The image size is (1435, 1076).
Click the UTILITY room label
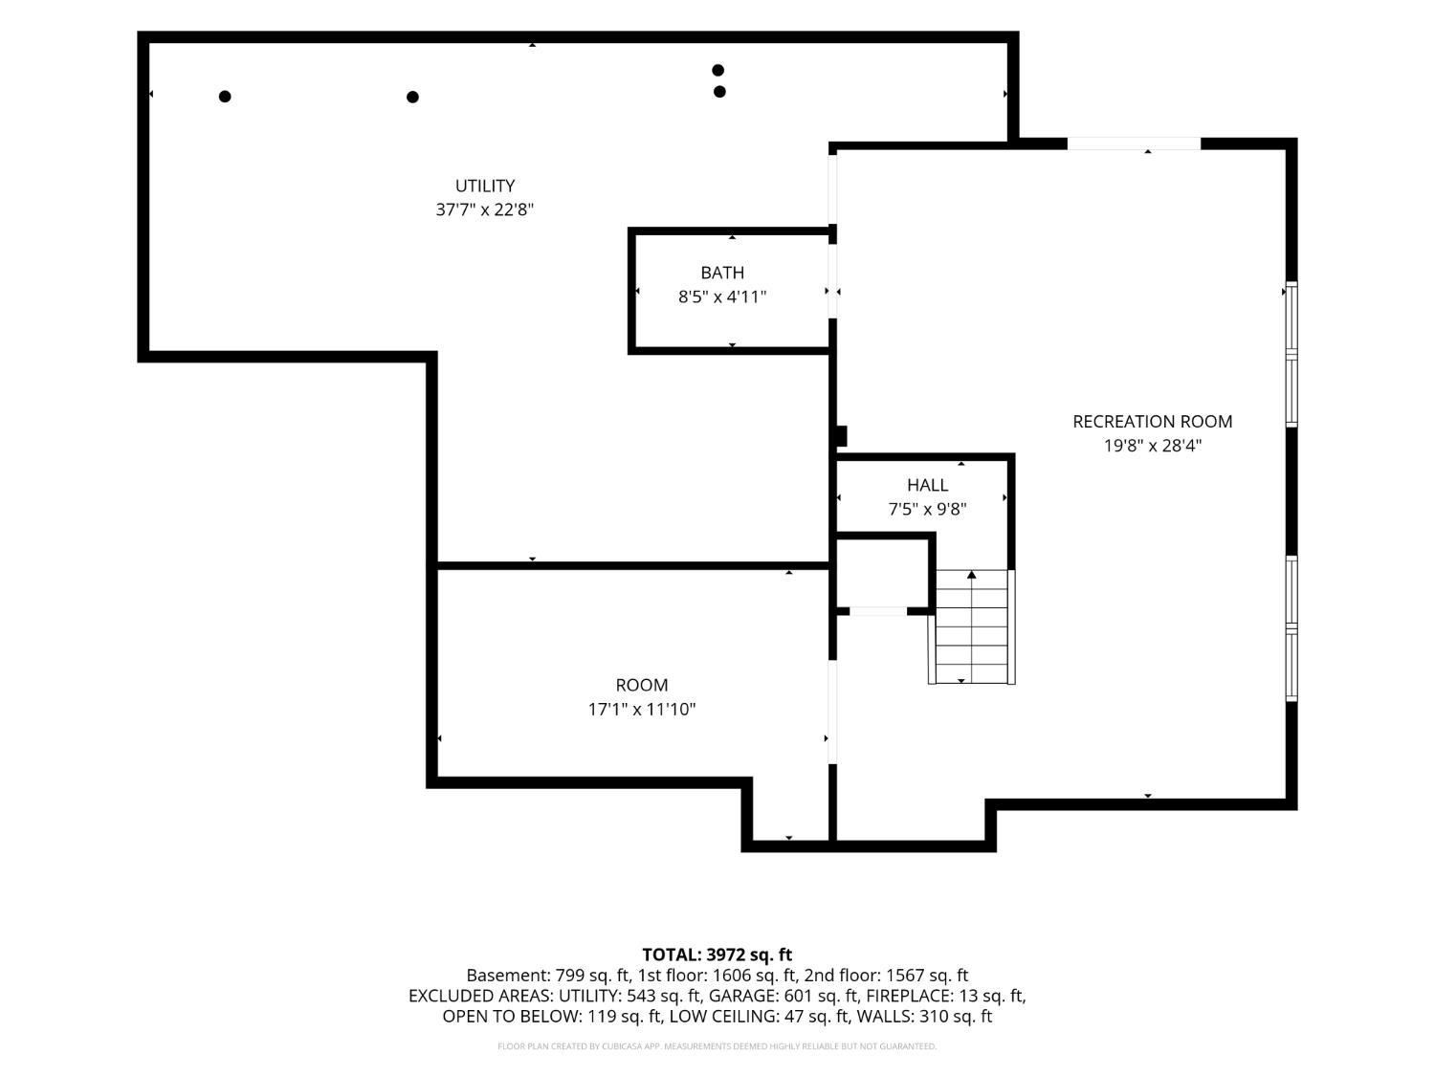[x=484, y=186]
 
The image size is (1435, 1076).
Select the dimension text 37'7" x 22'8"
[x=484, y=209]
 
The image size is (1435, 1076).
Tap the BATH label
[x=721, y=273]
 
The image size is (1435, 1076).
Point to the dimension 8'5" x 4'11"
[x=721, y=296]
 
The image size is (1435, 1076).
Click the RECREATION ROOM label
[x=1152, y=422]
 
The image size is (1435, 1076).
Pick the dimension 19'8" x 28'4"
[x=1152, y=446]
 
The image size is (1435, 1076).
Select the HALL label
[x=927, y=485]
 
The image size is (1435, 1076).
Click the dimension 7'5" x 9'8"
[x=927, y=509]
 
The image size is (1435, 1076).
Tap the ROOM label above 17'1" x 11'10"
[x=641, y=685]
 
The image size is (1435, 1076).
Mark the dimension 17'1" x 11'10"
[x=641, y=709]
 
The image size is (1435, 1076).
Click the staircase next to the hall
[x=971, y=626]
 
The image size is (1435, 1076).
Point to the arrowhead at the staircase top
[x=971, y=574]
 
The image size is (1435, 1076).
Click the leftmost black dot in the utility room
[x=225, y=97]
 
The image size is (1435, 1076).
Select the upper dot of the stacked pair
[x=717, y=70]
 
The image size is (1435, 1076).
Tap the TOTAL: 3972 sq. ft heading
[x=717, y=955]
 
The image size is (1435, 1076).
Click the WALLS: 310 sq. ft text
[x=924, y=1017]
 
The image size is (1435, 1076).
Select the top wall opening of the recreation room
[x=1135, y=143]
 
